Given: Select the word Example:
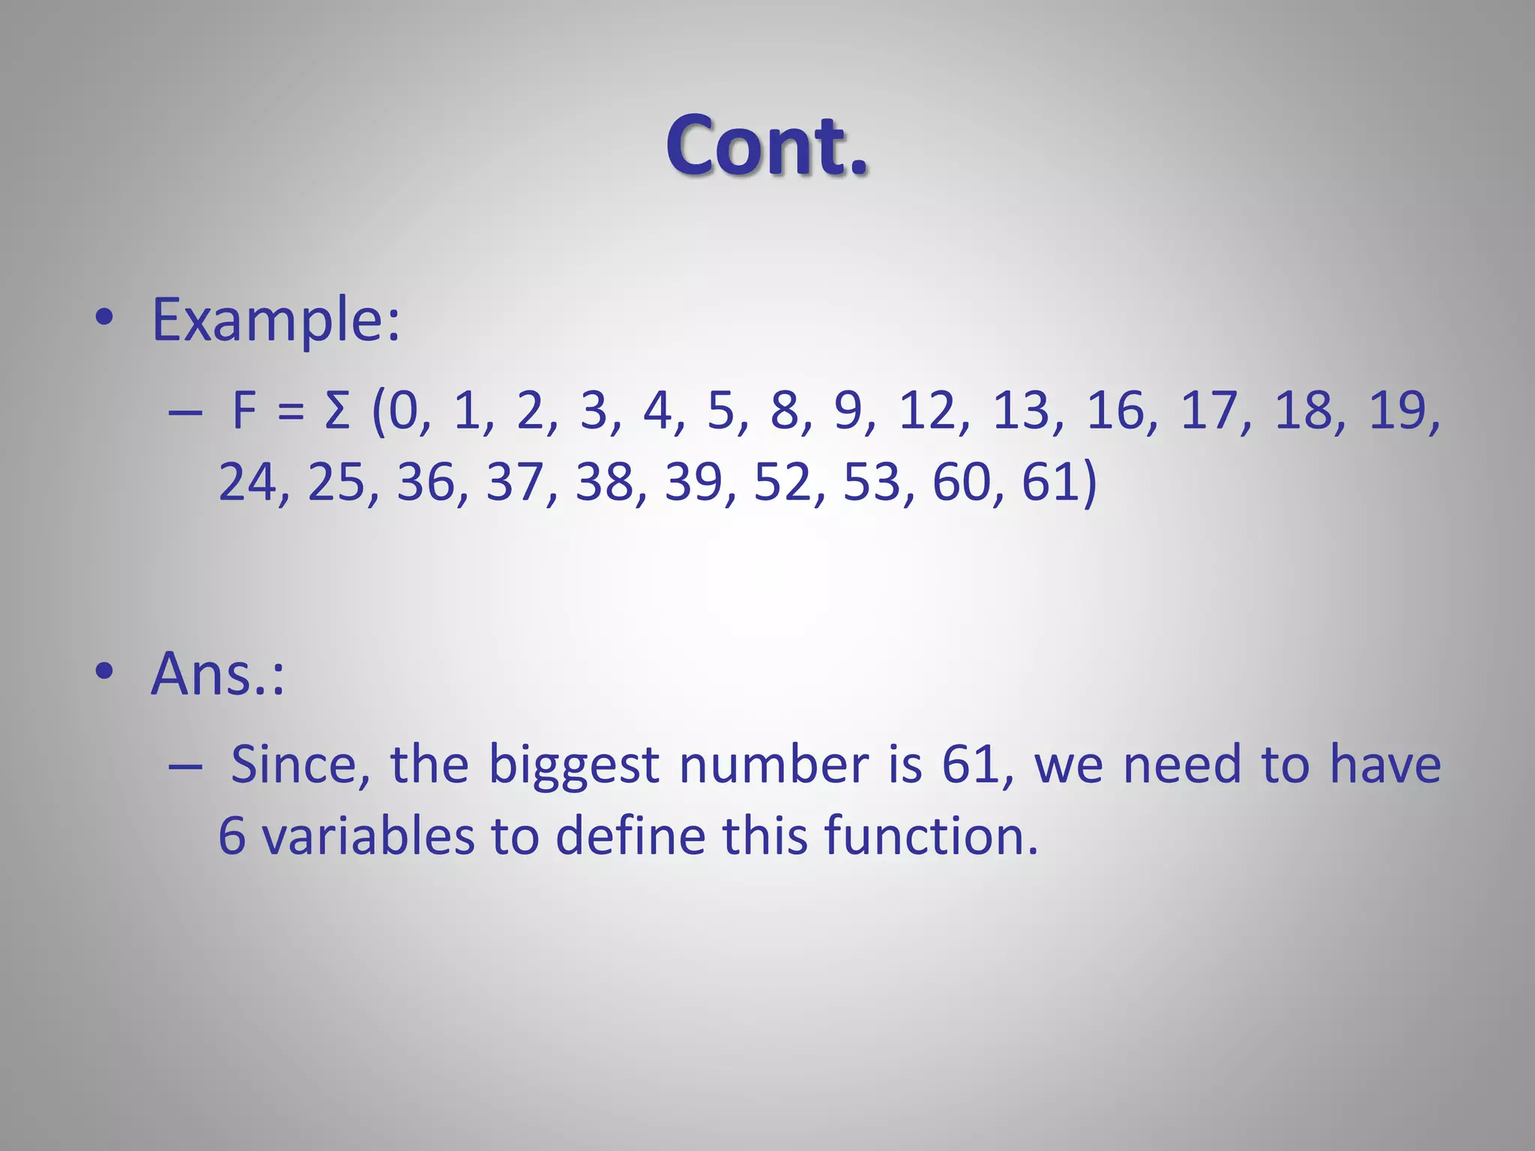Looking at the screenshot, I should tap(276, 320).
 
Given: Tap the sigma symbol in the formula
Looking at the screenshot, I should tap(338, 411).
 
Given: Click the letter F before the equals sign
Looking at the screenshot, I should tap(245, 411).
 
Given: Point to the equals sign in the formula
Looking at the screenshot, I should tap(291, 413).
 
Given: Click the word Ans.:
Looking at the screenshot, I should tap(217, 674).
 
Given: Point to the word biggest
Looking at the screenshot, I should tap(574, 767).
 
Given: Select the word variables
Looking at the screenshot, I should tap(368, 836).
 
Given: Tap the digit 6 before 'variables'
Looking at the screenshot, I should tap(232, 836).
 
